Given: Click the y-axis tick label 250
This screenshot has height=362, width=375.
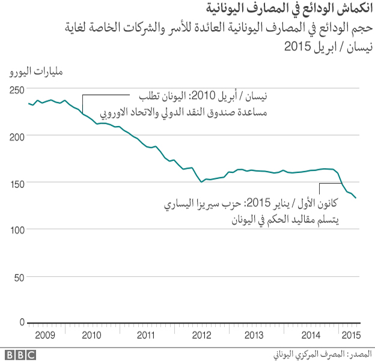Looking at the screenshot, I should [x=17, y=89].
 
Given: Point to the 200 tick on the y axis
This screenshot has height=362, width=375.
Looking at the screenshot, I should [x=17, y=136].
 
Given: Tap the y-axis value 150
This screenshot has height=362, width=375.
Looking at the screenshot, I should [x=17, y=183].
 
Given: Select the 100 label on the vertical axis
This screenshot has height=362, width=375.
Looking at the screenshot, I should [x=17, y=229].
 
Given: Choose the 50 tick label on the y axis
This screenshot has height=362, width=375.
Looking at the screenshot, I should [x=20, y=276].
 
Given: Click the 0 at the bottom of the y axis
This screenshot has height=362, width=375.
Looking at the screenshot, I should [x=22, y=322].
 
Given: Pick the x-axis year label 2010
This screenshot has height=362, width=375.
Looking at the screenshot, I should [x=93, y=334].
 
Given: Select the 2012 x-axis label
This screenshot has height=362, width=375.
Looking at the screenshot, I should [x=201, y=334].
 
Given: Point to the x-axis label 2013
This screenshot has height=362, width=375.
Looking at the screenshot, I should [x=254, y=334].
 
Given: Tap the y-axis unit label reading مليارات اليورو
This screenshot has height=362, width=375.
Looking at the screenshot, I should [x=37, y=73].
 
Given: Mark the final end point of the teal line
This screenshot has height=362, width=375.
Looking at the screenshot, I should [x=356, y=198].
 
